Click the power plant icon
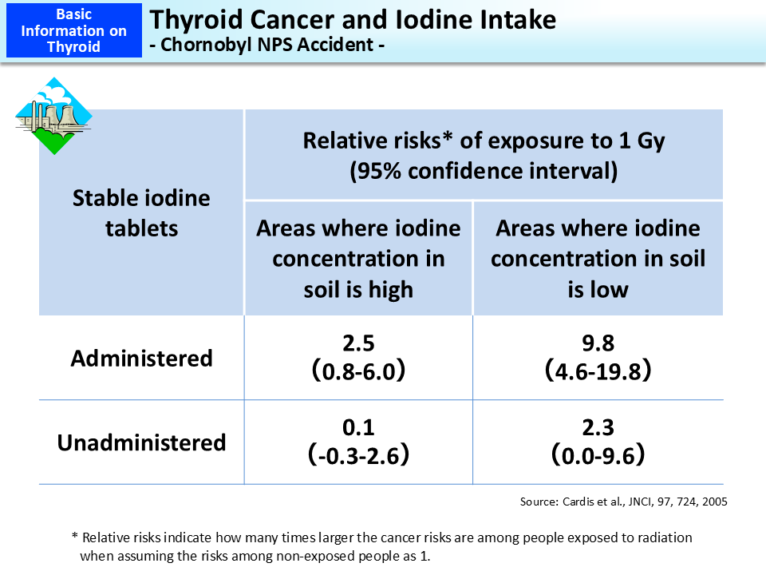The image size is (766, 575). (x=53, y=116)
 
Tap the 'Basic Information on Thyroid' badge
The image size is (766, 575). (x=73, y=30)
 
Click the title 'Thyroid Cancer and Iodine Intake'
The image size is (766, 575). (x=353, y=19)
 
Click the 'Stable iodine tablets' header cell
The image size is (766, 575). (x=141, y=212)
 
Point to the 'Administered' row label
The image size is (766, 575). (x=141, y=358)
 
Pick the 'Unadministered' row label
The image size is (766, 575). (x=141, y=442)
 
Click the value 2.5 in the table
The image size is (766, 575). (x=358, y=343)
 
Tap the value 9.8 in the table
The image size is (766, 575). (x=598, y=343)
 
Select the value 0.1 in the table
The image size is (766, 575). (x=358, y=428)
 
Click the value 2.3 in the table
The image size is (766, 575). (x=598, y=428)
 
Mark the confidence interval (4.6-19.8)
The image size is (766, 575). (x=598, y=371)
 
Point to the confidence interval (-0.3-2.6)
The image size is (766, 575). (x=358, y=456)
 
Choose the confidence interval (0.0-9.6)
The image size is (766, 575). (x=598, y=456)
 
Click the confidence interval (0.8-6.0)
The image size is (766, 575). (x=358, y=371)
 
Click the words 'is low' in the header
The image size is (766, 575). (x=598, y=289)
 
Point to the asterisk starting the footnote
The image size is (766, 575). (x=75, y=538)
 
